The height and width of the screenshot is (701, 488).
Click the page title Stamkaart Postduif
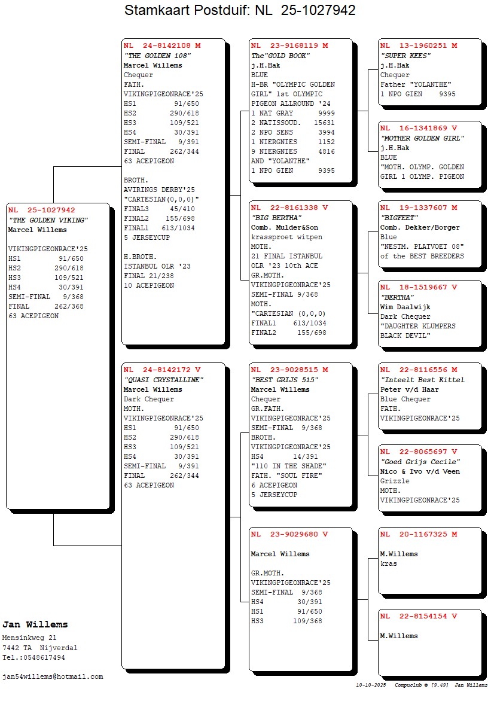(240, 10)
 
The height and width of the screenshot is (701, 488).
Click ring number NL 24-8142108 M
(162, 45)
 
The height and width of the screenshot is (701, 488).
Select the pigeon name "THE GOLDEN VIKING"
(48, 220)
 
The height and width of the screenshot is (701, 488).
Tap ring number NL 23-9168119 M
(289, 45)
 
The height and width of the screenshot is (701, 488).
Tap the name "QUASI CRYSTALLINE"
(163, 380)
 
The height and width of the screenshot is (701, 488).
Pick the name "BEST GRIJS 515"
(284, 380)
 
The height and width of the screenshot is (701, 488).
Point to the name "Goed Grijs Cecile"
(420, 462)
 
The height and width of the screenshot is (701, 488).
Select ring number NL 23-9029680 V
(289, 534)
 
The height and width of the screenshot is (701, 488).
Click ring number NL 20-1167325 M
(419, 534)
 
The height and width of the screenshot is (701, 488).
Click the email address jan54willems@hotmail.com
(53, 676)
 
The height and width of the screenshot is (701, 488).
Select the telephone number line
(33, 657)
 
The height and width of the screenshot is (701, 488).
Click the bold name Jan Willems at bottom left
(35, 624)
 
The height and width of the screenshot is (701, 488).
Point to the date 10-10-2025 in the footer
(371, 685)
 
